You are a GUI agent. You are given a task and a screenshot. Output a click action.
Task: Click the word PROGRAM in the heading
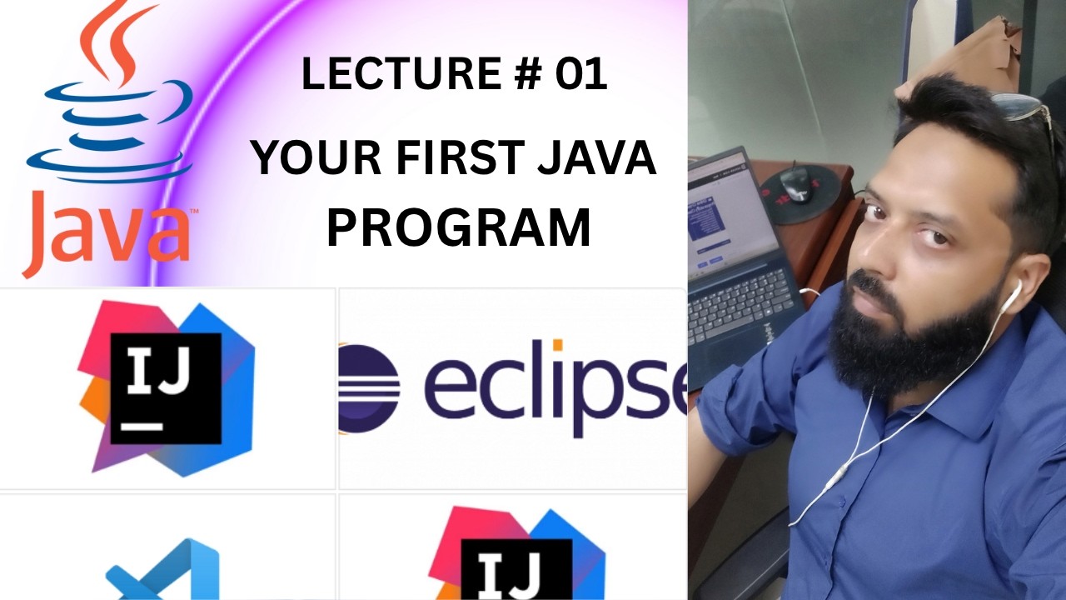click(458, 227)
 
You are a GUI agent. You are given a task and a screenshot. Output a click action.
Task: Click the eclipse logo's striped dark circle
click(369, 388)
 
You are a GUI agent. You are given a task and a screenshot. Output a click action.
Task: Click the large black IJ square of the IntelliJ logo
click(166, 388)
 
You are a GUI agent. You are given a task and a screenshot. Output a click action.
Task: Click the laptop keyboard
click(738, 304)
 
